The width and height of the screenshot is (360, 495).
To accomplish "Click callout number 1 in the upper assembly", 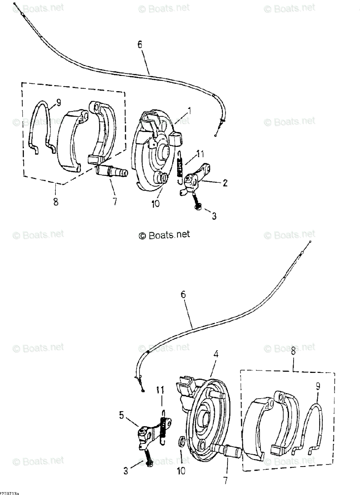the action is (189, 111).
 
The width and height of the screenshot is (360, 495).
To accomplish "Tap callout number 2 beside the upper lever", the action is (225, 183).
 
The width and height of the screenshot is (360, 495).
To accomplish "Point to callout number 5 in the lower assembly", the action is (122, 415).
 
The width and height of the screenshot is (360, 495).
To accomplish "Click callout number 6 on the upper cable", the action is (140, 45).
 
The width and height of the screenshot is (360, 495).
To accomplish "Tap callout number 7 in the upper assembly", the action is (114, 202).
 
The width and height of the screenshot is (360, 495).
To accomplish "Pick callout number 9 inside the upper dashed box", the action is (58, 102).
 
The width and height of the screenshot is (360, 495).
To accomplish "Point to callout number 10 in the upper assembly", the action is (155, 204).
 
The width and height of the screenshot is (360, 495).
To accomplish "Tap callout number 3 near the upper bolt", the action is (214, 216).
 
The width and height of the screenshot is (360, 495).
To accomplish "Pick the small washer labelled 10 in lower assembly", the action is (181, 443).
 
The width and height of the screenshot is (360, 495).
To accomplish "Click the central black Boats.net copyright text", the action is (164, 235).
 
